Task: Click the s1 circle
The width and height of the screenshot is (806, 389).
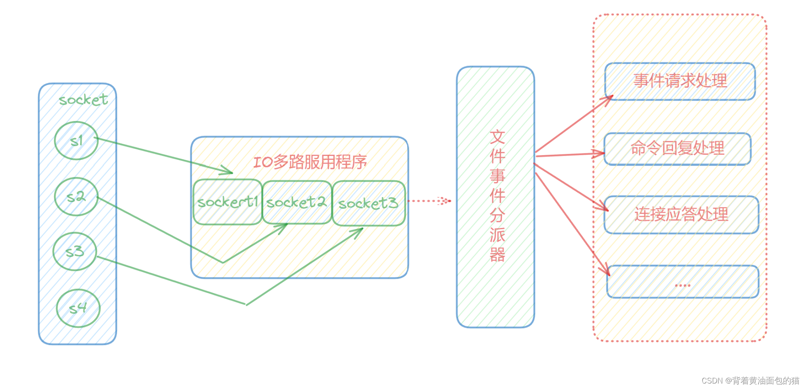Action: (76, 141)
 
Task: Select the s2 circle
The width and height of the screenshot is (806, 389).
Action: (76, 197)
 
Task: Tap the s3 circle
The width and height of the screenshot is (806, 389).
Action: (75, 252)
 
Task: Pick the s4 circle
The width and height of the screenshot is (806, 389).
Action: (78, 308)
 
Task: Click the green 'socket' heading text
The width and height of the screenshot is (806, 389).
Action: (83, 100)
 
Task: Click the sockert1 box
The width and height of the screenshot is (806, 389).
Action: (228, 202)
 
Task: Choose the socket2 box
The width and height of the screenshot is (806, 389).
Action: (297, 203)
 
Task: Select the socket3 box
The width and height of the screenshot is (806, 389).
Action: (369, 203)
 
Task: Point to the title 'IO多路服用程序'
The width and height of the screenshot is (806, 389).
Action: (310, 162)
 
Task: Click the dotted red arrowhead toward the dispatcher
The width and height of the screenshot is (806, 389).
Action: (444, 201)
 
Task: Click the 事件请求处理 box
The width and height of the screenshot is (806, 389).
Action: (680, 81)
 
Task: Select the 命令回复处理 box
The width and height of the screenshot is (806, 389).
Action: (677, 149)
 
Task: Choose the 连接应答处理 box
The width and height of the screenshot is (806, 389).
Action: (681, 215)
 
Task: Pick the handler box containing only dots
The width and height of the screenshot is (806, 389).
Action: (683, 282)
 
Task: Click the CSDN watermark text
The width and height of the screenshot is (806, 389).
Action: (750, 381)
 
